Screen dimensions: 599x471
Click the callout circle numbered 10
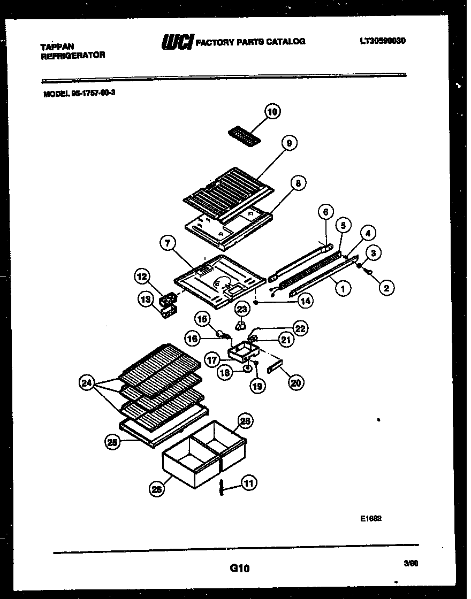[x=272, y=112]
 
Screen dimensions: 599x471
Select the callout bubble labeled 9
[x=289, y=143]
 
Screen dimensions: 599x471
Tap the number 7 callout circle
[x=168, y=243]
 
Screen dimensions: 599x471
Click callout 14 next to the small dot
[x=305, y=301]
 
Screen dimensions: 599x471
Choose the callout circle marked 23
[x=242, y=309]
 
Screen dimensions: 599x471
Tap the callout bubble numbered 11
[x=248, y=483]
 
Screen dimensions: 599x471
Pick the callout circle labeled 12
[x=142, y=277]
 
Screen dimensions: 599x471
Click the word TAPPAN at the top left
[x=57, y=47]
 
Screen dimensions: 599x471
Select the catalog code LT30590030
[x=382, y=40]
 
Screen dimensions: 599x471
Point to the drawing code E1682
[x=370, y=518]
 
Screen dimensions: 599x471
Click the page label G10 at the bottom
[x=239, y=569]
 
